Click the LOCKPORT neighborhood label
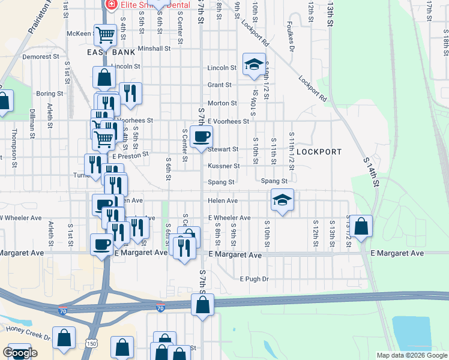click(318, 152)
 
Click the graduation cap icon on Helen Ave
click(282, 200)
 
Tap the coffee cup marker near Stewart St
click(201, 137)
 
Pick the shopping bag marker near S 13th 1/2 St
click(361, 227)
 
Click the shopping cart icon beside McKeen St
click(106, 35)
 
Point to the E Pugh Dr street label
click(254, 279)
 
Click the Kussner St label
click(224, 166)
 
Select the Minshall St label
click(154, 49)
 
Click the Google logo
click(20, 353)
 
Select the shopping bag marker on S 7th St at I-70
click(203, 305)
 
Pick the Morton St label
click(222, 103)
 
